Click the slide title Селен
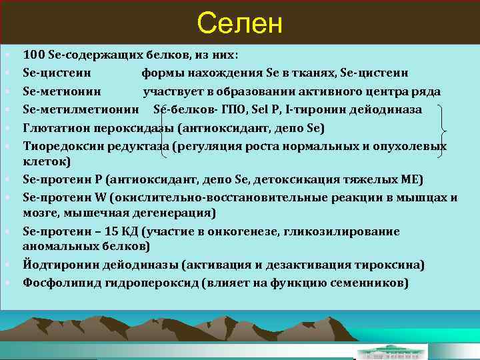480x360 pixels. click(x=240, y=24)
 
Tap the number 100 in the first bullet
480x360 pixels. click(x=33, y=55)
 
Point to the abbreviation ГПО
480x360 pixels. click(x=218, y=109)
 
